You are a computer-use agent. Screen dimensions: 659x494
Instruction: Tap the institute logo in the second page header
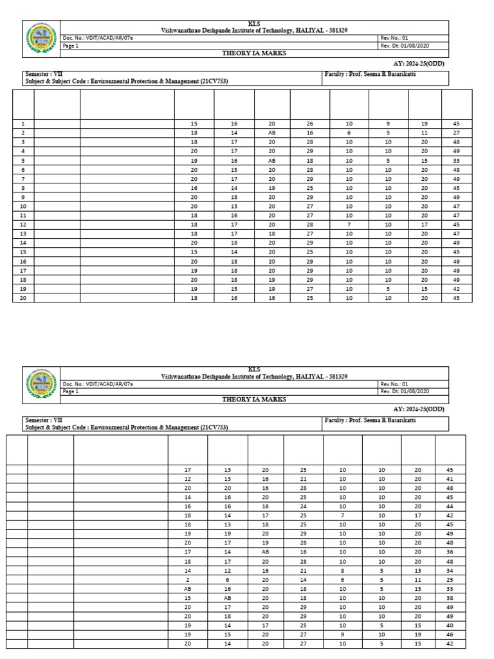41,384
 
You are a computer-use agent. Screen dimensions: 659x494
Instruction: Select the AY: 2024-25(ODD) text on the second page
419,409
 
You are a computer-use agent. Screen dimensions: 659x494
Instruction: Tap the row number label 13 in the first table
23,234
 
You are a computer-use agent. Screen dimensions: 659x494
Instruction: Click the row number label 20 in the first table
23,298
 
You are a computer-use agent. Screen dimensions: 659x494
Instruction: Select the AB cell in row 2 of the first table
271,133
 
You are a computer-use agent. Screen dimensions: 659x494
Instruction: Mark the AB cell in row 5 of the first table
271,160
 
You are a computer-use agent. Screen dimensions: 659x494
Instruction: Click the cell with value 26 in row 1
309,124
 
